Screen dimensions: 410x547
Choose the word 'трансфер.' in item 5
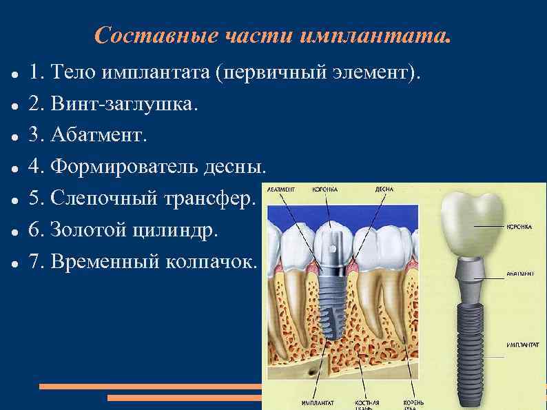pos(209,198)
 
